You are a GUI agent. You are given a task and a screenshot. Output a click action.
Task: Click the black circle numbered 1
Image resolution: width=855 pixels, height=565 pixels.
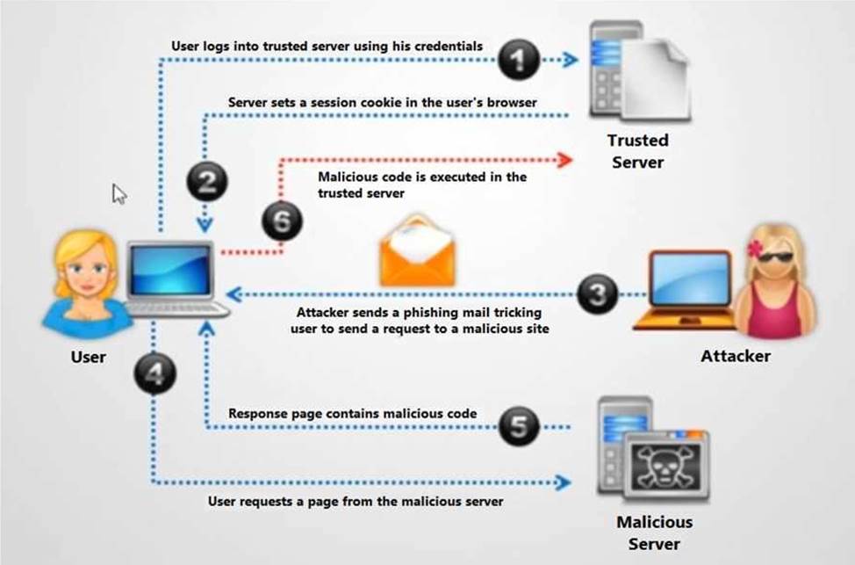520,60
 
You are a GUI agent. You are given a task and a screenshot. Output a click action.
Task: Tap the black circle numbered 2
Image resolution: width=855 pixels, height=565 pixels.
207,182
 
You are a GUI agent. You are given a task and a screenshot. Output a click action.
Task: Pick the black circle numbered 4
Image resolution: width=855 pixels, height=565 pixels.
154,375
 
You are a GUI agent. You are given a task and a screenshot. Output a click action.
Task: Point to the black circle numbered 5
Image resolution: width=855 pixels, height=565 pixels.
520,428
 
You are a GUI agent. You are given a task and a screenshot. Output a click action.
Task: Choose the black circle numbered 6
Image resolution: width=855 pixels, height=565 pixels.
281,221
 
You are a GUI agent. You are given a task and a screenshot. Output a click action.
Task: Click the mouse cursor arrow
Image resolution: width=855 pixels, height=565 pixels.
119,193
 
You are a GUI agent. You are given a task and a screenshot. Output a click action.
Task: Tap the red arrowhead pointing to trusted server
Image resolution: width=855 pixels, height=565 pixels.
565,159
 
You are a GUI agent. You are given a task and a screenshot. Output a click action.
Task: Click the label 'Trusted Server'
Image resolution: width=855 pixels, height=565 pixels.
638,151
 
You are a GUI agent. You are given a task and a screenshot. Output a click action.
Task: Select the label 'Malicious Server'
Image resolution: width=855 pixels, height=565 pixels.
654,532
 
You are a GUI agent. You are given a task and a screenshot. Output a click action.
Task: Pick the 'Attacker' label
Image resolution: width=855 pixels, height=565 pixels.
736,356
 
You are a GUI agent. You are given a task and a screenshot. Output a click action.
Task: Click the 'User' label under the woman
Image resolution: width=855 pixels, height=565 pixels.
88,357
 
